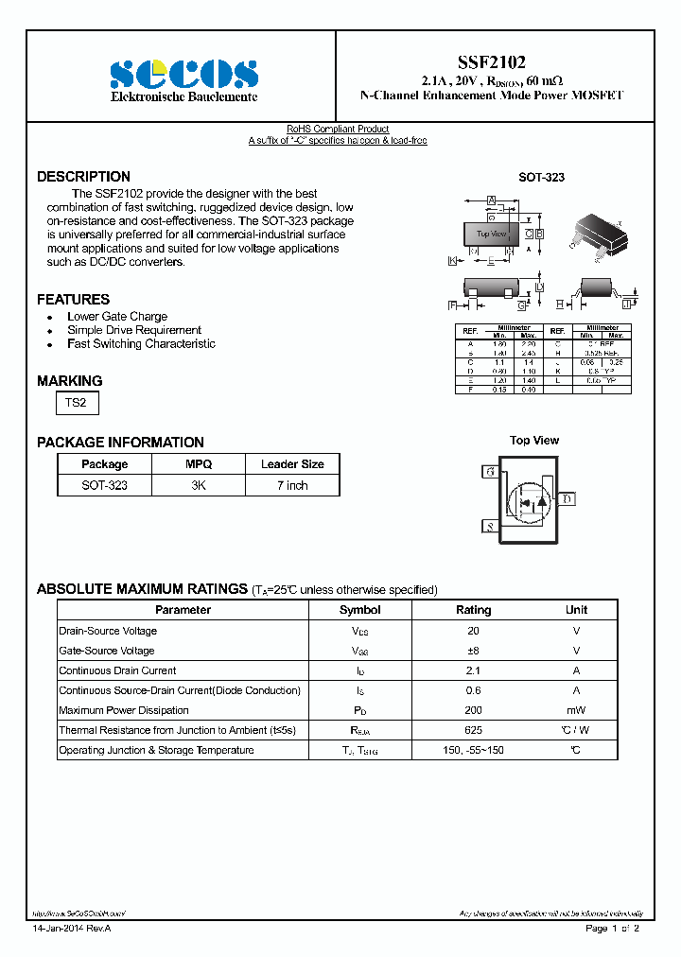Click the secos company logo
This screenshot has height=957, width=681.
click(x=183, y=74)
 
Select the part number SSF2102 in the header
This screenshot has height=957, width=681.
click(x=492, y=60)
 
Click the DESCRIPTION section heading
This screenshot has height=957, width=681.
click(x=83, y=177)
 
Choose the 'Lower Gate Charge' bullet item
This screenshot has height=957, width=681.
click(x=117, y=317)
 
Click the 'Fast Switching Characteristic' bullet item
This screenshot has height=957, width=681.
click(x=141, y=344)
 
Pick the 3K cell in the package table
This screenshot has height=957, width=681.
click(x=199, y=485)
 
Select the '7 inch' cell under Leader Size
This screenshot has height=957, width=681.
click(x=292, y=485)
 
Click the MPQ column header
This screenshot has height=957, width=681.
click(x=199, y=464)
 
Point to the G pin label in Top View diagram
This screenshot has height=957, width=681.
click(x=489, y=471)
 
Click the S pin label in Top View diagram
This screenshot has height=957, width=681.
click(x=489, y=527)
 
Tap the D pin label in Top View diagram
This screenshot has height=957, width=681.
click(x=567, y=498)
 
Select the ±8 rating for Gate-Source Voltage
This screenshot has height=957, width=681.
click(x=473, y=651)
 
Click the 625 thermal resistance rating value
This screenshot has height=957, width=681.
click(x=473, y=730)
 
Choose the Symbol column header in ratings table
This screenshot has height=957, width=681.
click(x=359, y=610)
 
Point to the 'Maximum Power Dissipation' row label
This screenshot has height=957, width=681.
click(x=124, y=710)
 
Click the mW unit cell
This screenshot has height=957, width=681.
click(x=576, y=710)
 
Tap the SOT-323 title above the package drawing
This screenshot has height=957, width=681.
click(x=541, y=178)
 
